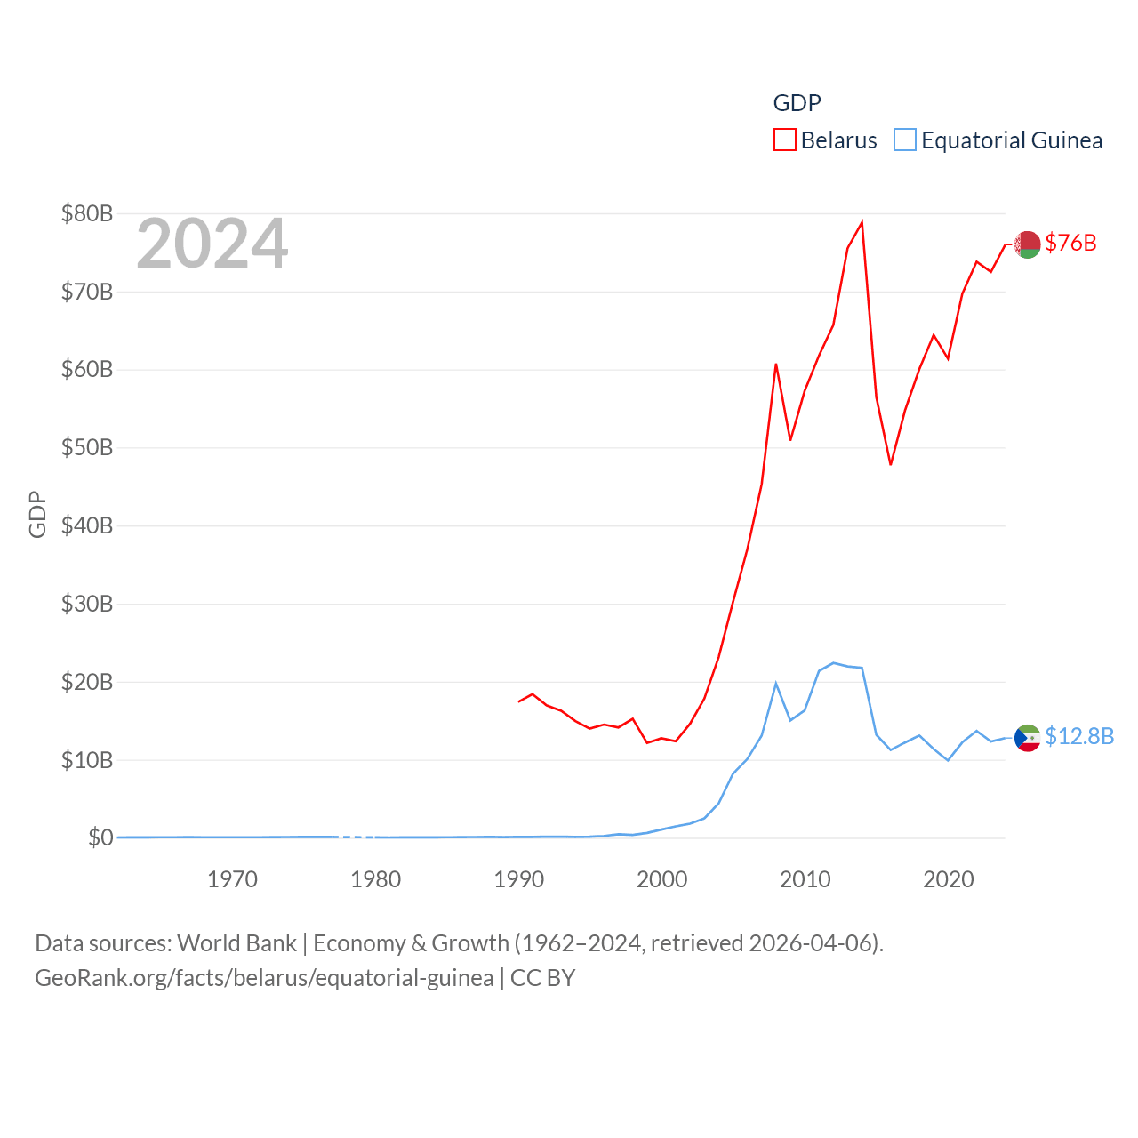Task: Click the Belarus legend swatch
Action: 784,140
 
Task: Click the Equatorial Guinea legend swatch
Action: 904,140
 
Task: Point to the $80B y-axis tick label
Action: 86,213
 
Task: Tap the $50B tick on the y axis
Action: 86,447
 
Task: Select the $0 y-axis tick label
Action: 100,837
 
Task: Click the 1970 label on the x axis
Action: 232,879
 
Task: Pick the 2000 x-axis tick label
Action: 662,879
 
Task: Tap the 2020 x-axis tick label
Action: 949,879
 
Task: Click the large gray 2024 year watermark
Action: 212,244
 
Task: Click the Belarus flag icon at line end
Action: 1028,244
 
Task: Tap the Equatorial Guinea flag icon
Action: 1028,738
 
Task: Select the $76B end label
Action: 1070,243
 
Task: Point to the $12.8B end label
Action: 1079,736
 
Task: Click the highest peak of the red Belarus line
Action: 862,222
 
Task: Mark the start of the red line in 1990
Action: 519,701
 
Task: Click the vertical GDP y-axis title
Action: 37,514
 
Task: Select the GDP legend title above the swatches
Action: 797,103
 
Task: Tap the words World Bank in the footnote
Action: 236,942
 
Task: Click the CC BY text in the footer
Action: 542,978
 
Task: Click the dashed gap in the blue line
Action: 357,837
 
